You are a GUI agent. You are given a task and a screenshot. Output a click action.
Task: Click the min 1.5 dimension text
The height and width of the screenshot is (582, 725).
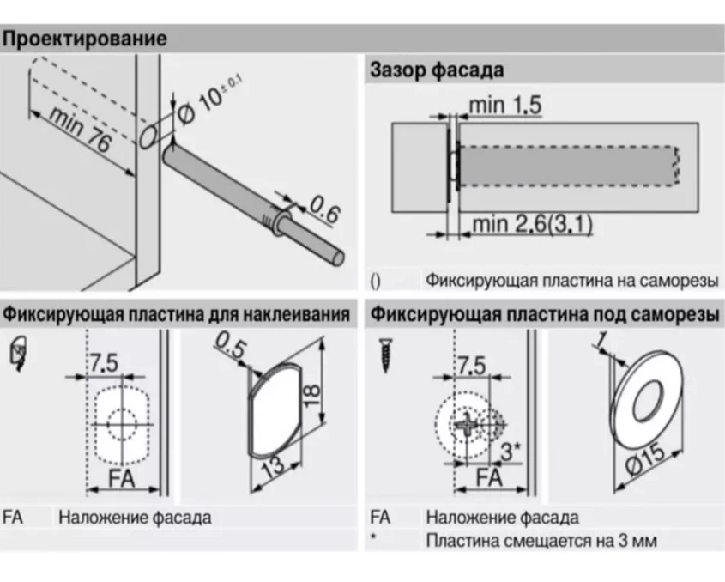505,106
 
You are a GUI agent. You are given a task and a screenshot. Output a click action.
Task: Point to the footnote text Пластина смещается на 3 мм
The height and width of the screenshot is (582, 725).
541,543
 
